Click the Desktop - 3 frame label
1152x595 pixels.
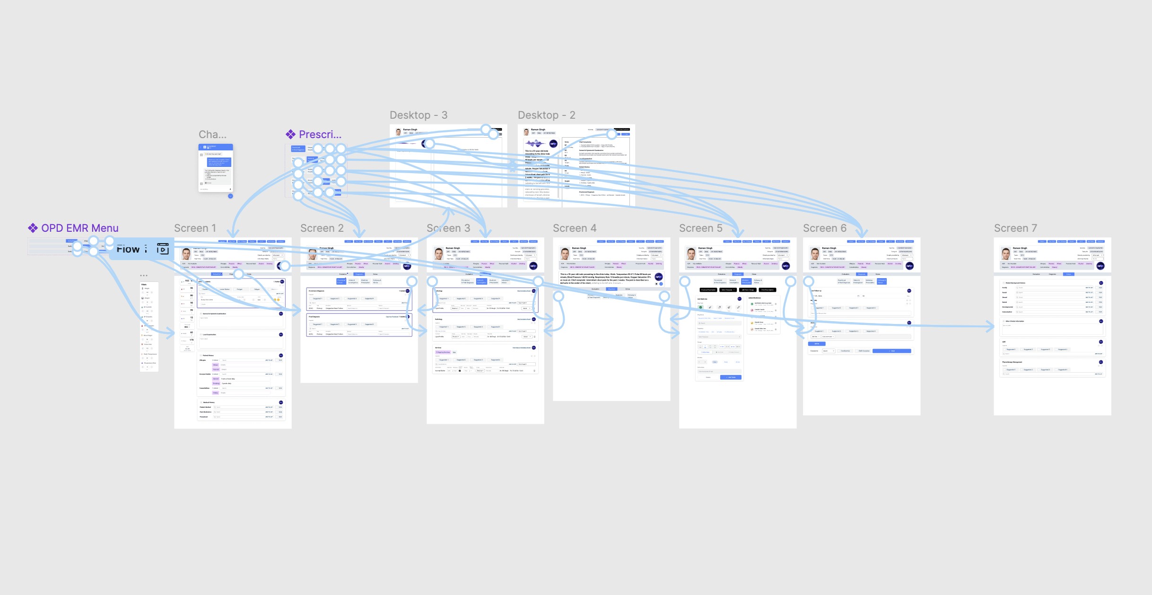click(418, 115)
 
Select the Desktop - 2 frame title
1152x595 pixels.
click(546, 115)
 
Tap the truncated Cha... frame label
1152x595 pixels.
click(212, 134)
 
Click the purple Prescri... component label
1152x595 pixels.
click(320, 134)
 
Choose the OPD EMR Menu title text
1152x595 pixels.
click(79, 228)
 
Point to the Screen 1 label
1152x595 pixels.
click(195, 228)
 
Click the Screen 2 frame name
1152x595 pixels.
click(322, 228)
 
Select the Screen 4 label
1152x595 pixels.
click(574, 228)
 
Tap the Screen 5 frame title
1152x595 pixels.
click(700, 228)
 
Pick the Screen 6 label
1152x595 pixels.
click(824, 228)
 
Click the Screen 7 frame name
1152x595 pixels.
click(1015, 228)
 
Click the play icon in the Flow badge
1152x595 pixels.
click(163, 249)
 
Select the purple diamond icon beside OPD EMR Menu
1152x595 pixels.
click(33, 228)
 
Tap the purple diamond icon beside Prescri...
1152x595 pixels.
click(290, 134)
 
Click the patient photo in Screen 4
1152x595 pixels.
click(565, 254)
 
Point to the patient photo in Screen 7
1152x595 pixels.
click(1005, 254)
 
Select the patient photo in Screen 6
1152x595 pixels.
click(815, 254)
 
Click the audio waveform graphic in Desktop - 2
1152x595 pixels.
click(534, 143)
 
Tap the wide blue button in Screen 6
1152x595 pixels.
click(891, 351)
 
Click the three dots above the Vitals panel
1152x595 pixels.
click(144, 275)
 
